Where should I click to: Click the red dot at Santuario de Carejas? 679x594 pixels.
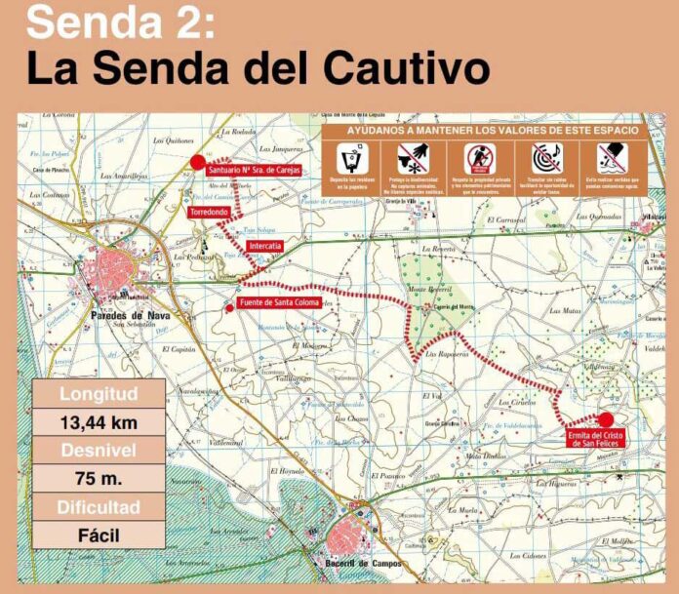198,162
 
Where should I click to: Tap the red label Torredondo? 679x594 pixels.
208,210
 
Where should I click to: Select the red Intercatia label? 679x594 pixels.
265,247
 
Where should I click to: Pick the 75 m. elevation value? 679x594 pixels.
99,479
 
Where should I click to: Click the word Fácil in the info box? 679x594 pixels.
99,535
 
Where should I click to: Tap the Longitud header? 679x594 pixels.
99,395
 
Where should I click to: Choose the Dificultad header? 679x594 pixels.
99,507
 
